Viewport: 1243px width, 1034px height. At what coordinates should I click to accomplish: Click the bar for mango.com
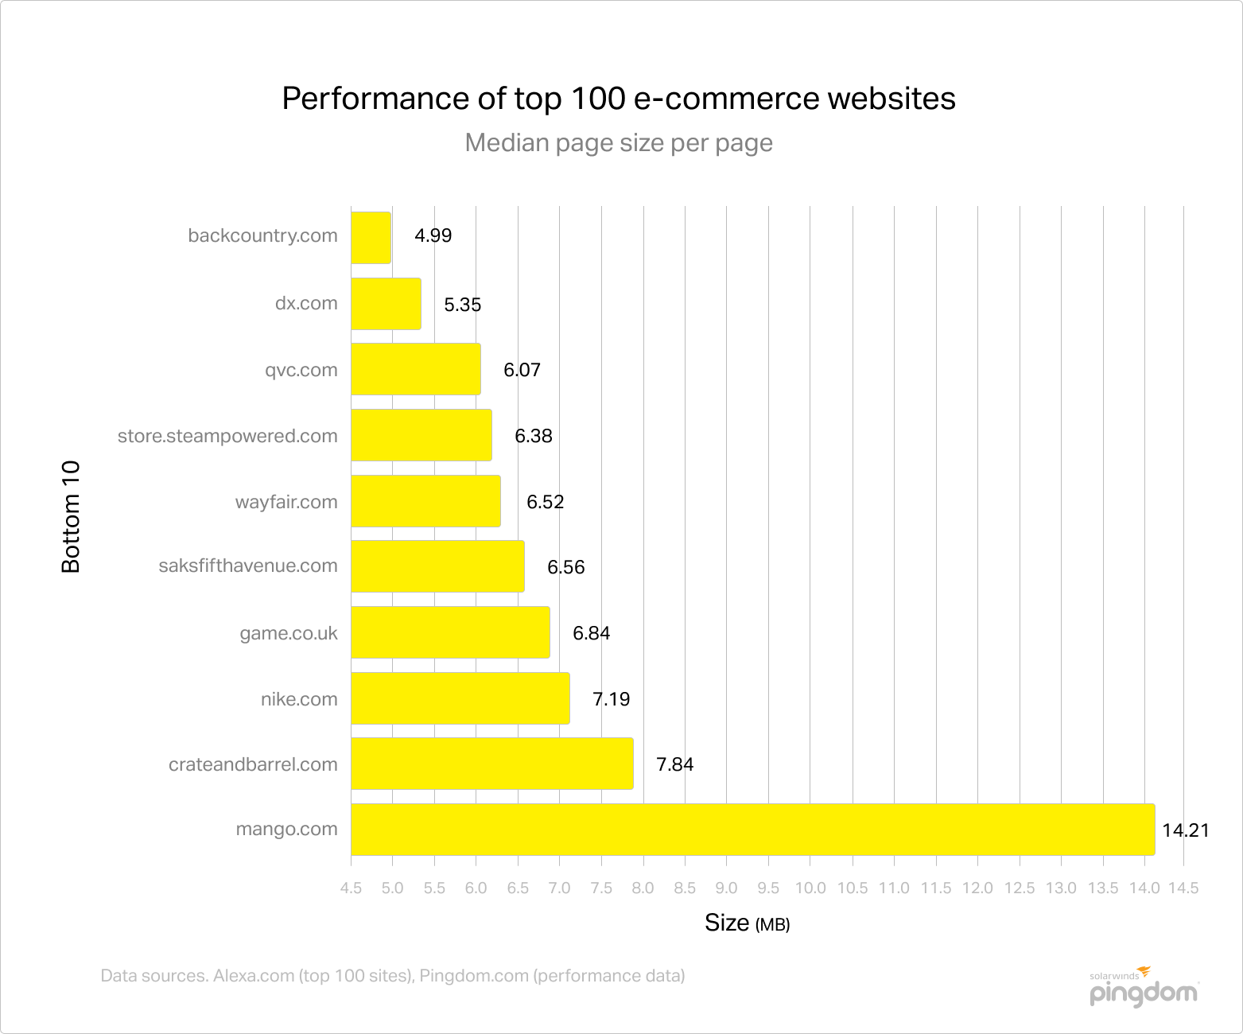coord(752,830)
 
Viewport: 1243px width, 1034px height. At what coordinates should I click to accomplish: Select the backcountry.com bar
coord(371,237)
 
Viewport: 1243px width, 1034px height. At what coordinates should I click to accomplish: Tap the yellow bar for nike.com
coord(460,698)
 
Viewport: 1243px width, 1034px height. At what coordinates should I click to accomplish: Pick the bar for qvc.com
coord(415,369)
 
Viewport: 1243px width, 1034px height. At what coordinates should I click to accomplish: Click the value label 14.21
coord(1185,830)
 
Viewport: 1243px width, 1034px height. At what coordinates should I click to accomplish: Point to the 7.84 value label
coord(674,764)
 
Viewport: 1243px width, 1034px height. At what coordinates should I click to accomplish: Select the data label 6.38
coord(533,436)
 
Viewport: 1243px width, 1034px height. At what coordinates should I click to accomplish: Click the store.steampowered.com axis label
coord(227,436)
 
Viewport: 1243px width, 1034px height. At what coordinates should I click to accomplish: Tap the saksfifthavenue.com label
coord(248,566)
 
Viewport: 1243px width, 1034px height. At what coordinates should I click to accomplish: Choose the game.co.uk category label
coord(289,633)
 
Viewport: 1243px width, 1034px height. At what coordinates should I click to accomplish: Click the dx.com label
coord(306,303)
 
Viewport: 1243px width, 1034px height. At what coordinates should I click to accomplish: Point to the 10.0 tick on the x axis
coord(810,888)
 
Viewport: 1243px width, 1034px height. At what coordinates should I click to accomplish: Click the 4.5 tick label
coord(351,888)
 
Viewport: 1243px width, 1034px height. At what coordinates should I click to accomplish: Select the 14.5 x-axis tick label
coord(1183,888)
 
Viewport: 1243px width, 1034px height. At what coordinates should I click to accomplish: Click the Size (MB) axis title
coord(747,923)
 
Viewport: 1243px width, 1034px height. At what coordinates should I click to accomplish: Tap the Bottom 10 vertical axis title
coord(72,516)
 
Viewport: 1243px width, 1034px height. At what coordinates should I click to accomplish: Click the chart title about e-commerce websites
coord(619,99)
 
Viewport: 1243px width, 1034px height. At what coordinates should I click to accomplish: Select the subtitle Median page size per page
coord(619,142)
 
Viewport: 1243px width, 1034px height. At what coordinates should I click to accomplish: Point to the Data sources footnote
coord(392,976)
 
